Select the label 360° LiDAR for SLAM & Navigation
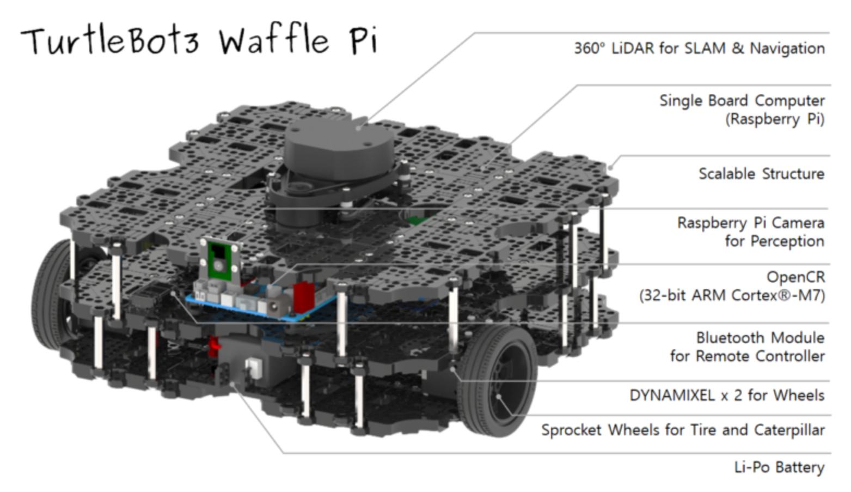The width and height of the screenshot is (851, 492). [x=699, y=48]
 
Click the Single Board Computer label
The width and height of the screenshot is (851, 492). [x=742, y=101]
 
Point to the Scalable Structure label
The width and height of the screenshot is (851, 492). [x=761, y=174]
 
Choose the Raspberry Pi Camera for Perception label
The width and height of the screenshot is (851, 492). [x=750, y=232]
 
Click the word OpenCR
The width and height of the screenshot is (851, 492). [x=795, y=277]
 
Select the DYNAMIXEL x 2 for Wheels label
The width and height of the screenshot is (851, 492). [x=726, y=395]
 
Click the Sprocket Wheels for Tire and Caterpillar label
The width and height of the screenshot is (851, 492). [x=682, y=430]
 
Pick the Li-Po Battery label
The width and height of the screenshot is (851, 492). [x=779, y=467]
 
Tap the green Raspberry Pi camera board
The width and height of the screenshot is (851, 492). [x=220, y=262]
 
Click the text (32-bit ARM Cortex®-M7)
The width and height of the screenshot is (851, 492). [x=732, y=295]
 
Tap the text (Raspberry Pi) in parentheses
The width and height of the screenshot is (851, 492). [x=774, y=119]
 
